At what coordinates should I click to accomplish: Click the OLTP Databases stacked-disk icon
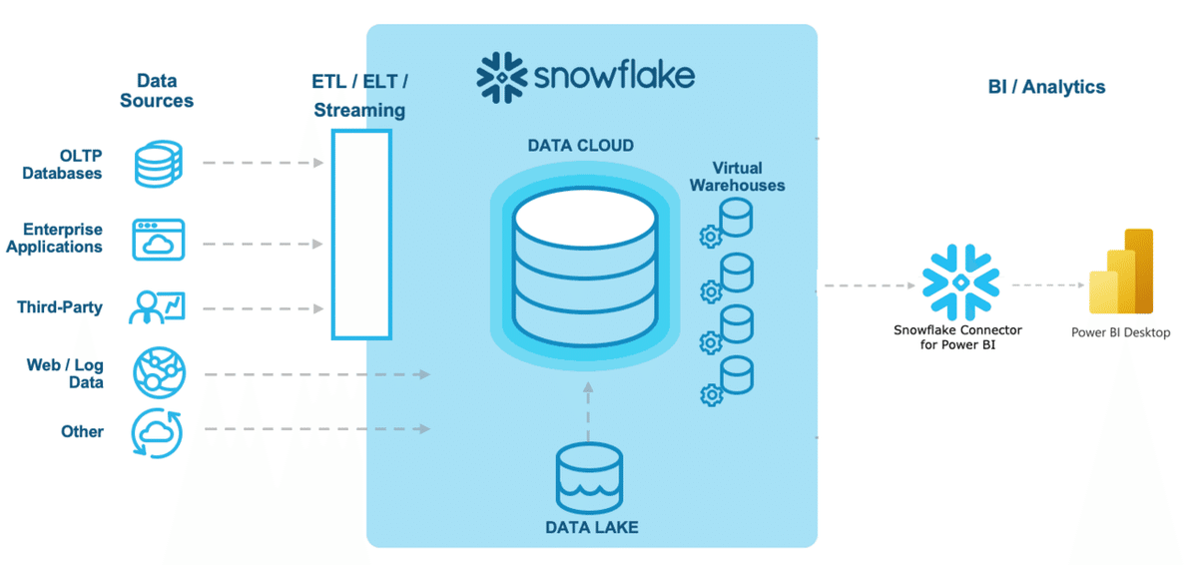coord(159,163)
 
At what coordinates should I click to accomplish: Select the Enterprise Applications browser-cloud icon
coord(159,240)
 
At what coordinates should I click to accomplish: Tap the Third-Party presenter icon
coord(158,306)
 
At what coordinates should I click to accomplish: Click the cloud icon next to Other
coord(158,431)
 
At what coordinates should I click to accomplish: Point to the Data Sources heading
coord(157,91)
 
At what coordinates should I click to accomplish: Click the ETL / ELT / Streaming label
coord(359,95)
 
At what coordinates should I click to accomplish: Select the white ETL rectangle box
coord(360,235)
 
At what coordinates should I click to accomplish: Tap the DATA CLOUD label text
coord(580,146)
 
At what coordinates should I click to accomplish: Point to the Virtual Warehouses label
coord(748,177)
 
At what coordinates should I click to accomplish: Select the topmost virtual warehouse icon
coord(729,221)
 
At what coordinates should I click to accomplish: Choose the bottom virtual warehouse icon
coord(729,379)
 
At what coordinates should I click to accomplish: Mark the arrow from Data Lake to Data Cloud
coord(589,411)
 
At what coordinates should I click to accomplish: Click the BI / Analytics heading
coord(1046,87)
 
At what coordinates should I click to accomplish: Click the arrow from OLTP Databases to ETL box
coord(265,162)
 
